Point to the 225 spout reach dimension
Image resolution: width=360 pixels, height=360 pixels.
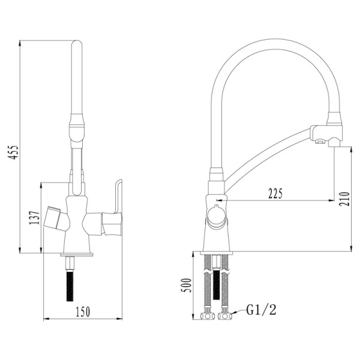(275, 193)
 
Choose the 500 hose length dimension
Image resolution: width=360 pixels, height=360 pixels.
(187, 286)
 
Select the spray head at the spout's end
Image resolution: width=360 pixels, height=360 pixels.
(327, 133)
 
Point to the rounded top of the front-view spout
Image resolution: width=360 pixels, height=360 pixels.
(76, 45)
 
